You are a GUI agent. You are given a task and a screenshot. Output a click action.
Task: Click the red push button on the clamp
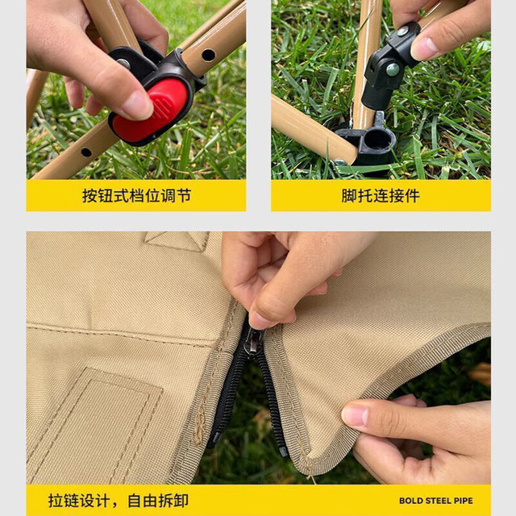tap(151, 111)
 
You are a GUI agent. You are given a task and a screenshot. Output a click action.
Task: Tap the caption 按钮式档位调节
tap(136, 196)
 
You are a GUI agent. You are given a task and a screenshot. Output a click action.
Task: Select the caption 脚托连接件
tap(381, 196)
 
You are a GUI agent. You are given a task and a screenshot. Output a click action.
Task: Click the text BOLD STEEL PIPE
tap(435, 501)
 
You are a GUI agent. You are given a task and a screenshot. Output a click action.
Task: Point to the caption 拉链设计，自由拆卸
tap(119, 501)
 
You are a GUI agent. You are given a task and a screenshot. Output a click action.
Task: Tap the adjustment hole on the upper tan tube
tap(208, 55)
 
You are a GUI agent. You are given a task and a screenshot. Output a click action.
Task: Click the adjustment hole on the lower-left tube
tap(86, 152)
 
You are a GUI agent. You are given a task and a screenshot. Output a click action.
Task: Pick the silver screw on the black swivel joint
tap(393, 69)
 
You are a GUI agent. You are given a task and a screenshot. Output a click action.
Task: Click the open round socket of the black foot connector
tap(377, 140)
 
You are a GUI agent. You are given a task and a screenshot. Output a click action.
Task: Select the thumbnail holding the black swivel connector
tap(425, 48)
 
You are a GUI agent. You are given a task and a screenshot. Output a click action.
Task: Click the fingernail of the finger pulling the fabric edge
tap(354, 416)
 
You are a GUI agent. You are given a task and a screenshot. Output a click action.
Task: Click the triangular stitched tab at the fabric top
tap(177, 241)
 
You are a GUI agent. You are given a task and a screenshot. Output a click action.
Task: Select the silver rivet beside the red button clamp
tap(123, 64)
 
